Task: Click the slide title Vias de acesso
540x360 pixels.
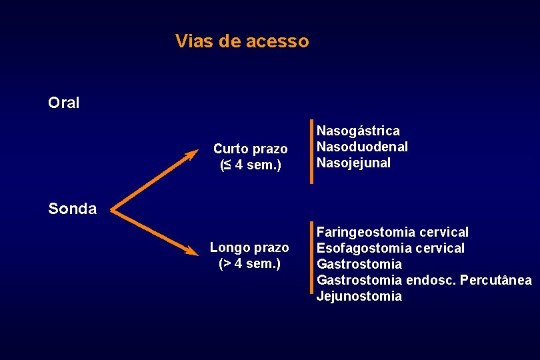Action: [242, 41]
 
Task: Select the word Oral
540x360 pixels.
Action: [64, 103]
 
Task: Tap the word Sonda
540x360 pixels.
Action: [73, 209]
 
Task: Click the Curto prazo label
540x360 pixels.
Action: [250, 149]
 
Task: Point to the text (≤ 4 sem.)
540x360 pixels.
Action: [250, 165]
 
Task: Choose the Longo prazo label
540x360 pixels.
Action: [249, 248]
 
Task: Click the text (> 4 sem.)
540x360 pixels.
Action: [250, 263]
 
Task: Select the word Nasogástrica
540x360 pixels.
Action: [358, 131]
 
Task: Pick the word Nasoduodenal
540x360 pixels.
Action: [362, 147]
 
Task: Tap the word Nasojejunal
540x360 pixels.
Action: [353, 163]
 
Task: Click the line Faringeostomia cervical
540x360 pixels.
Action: [392, 232]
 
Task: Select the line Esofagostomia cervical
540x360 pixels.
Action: [390, 248]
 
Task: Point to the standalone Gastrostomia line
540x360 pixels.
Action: [359, 265]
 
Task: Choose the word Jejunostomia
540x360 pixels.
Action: [359, 296]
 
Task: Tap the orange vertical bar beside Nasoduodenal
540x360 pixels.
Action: [311, 151]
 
